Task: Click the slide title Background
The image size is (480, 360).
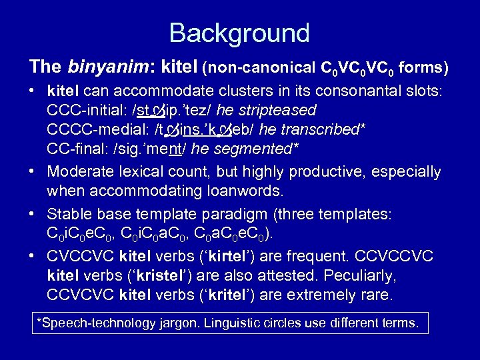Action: coord(239,33)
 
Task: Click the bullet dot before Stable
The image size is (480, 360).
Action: coord(33,215)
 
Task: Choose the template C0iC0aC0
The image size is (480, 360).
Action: coord(154,235)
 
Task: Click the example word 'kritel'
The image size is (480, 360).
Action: coord(233,295)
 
